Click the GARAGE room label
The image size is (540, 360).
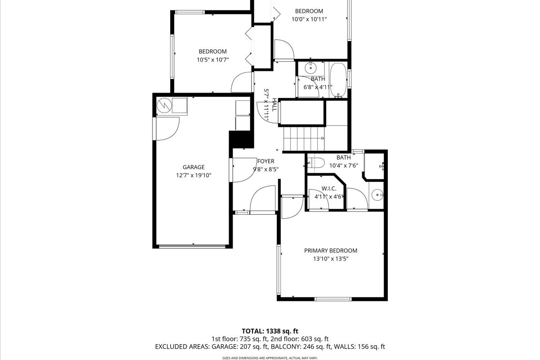click(x=193, y=167)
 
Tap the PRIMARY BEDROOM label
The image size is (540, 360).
click(x=330, y=251)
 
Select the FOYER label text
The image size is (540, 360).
click(x=265, y=161)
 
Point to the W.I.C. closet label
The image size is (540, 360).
click(x=329, y=189)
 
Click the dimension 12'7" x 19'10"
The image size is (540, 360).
click(x=193, y=175)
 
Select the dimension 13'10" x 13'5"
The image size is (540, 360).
click(x=331, y=259)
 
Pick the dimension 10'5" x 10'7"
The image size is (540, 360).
click(x=212, y=60)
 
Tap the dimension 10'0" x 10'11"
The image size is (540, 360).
click(x=309, y=19)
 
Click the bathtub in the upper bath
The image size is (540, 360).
click(x=338, y=80)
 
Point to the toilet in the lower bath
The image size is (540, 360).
click(x=316, y=162)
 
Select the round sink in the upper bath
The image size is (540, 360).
click(x=310, y=68)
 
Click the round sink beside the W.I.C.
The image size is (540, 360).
click(x=377, y=195)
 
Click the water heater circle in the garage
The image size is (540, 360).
click(x=164, y=105)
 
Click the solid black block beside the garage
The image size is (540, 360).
click(x=241, y=139)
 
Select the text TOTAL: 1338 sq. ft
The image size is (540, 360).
click(x=270, y=331)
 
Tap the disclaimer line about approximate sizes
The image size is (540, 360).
click(x=270, y=358)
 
